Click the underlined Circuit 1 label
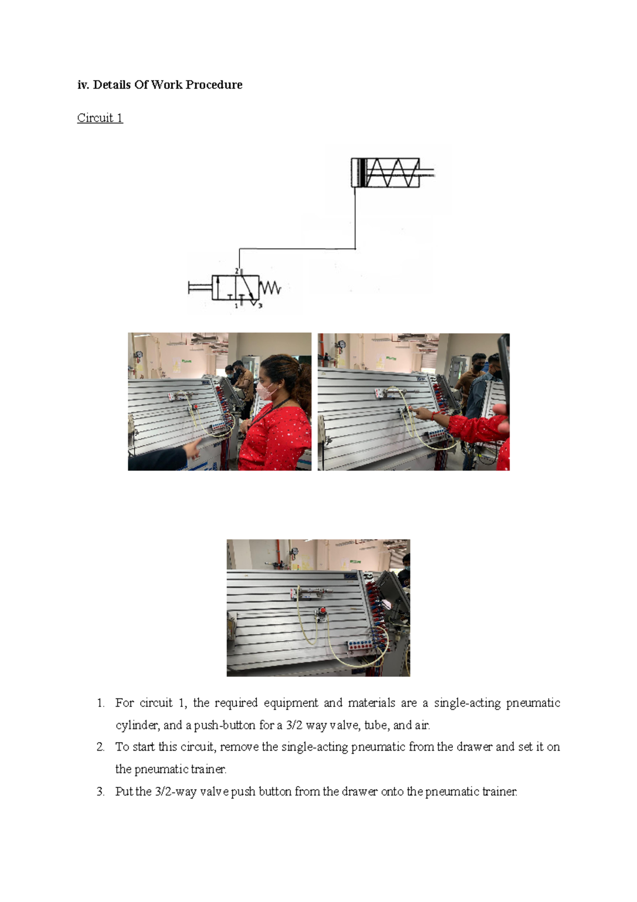tap(100, 117)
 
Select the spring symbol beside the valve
tap(270, 287)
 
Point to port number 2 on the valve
tap(237, 271)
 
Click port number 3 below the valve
tap(260, 305)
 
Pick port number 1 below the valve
tap(237, 306)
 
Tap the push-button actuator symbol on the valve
tap(200, 287)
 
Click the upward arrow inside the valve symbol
tap(218, 287)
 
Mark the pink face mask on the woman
tap(265, 390)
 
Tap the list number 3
tap(100, 792)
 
